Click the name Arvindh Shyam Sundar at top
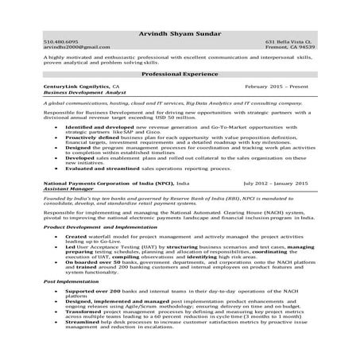[x=180, y=33]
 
